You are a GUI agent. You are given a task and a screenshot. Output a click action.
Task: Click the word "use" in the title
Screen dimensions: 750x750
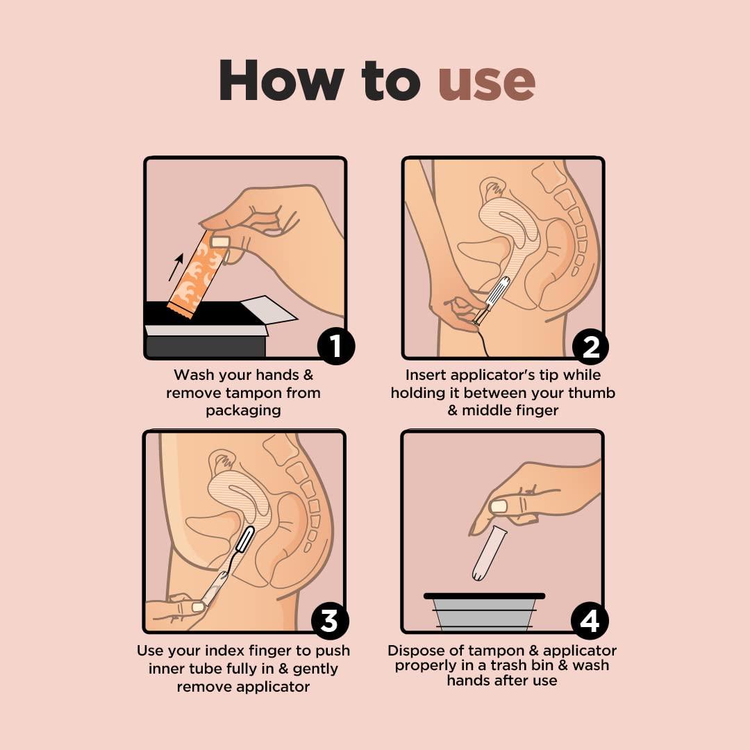487,82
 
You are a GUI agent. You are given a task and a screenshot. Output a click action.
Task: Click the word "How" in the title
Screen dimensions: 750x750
281,82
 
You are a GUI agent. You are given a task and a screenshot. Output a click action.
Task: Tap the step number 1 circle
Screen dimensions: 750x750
336,345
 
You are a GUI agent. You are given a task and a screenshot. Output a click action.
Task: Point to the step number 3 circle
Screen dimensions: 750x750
329,620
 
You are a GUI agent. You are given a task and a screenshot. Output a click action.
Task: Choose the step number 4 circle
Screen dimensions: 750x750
589,620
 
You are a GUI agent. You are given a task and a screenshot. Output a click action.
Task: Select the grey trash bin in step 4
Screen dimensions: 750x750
484,612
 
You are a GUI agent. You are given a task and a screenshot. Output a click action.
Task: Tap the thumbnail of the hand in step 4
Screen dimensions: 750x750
499,506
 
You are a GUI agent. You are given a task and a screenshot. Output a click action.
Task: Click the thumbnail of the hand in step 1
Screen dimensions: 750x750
220,242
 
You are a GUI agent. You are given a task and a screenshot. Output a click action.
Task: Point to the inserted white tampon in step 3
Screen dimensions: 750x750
244,539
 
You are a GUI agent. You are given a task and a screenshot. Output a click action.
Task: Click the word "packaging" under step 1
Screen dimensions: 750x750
243,410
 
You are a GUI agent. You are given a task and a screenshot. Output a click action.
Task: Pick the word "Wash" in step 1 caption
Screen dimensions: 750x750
194,375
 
